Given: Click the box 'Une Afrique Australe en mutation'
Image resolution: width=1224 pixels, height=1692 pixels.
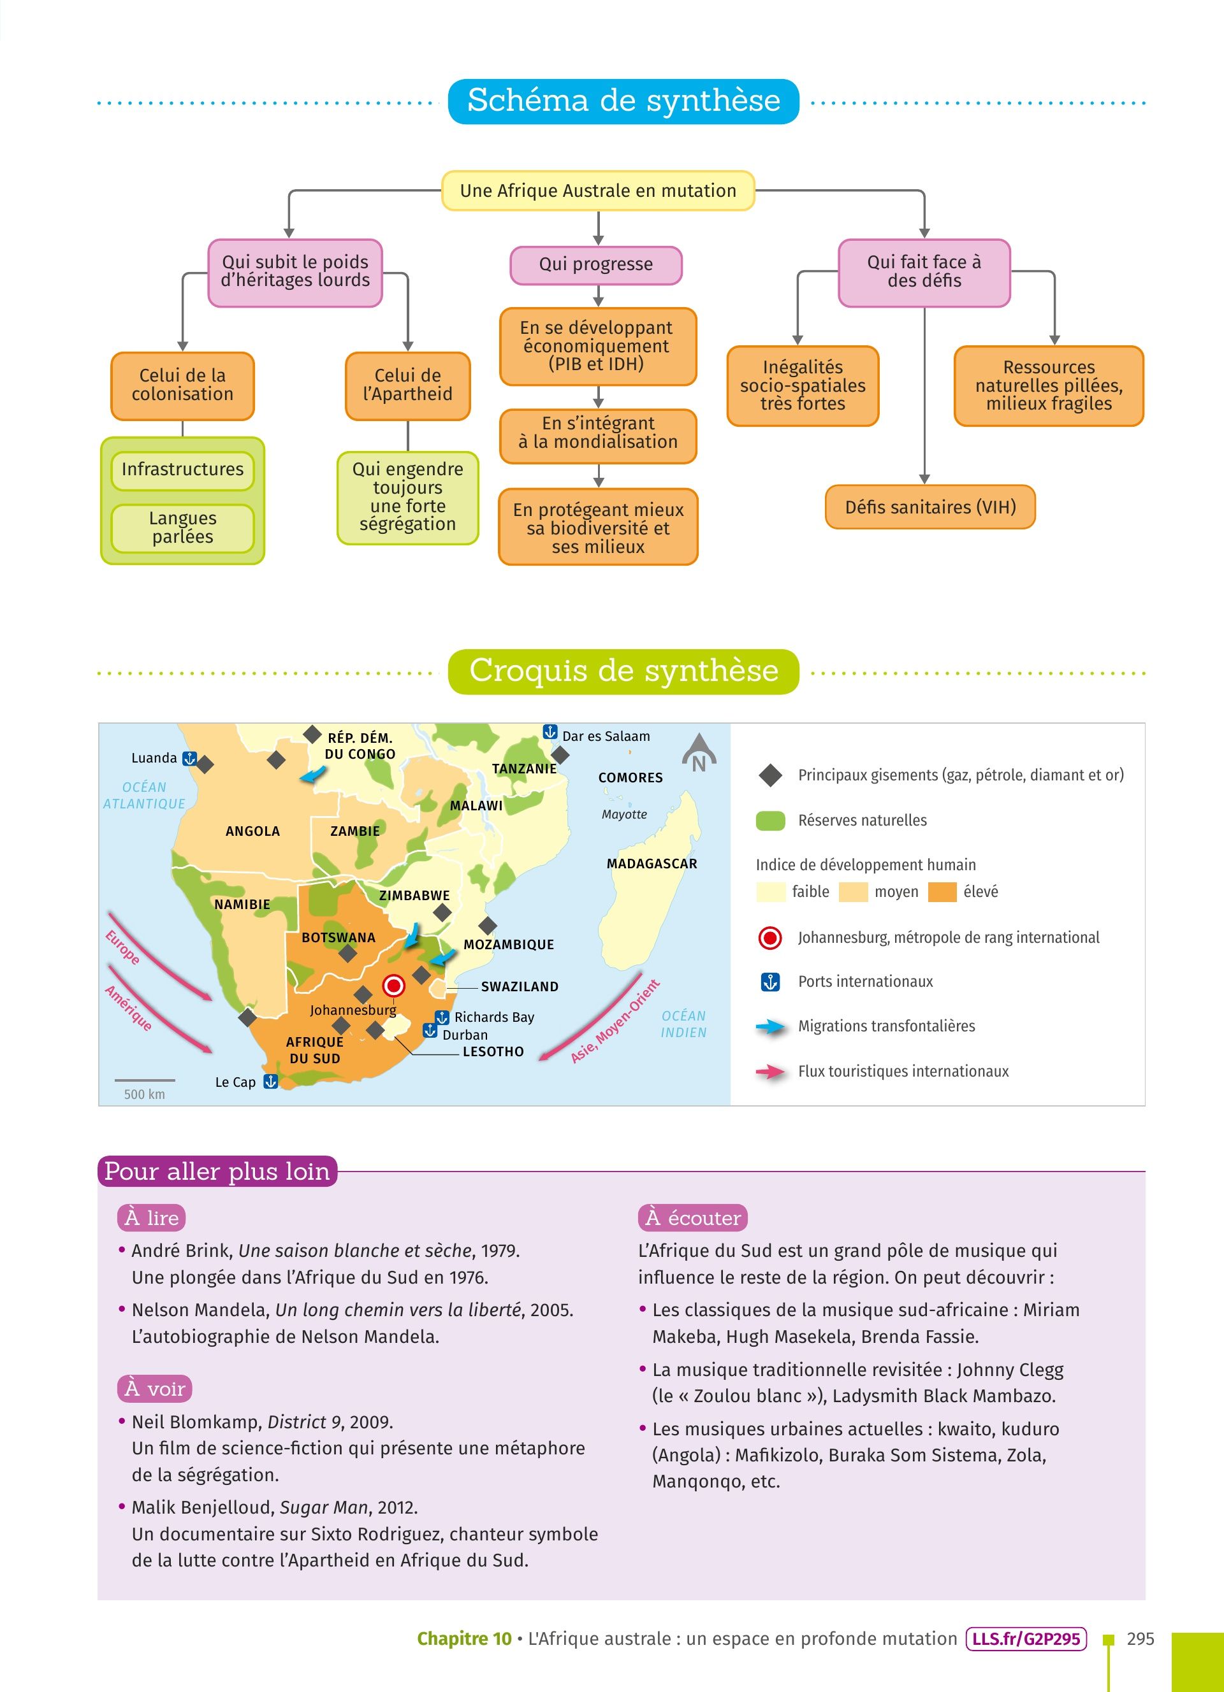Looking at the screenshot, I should (x=598, y=190).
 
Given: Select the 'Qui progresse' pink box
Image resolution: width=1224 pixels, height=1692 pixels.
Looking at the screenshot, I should (x=595, y=264).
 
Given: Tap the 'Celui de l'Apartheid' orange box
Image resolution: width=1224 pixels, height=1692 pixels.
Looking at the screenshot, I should (x=407, y=385).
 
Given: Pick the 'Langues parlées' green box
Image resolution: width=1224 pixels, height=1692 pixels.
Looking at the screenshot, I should (x=182, y=527).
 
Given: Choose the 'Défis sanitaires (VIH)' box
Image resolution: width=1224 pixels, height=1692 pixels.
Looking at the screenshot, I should (x=930, y=507).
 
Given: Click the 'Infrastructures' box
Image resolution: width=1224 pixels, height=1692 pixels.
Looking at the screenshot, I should (x=182, y=470).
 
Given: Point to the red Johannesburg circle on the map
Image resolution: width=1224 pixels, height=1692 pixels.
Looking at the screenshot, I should (x=393, y=986).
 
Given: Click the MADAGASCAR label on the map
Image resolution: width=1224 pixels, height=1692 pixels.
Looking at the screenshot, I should (x=652, y=864).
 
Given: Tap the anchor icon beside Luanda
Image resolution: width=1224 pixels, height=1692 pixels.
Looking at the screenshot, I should (x=189, y=759).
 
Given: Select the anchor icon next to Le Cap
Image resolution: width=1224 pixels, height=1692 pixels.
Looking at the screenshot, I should (x=271, y=1081).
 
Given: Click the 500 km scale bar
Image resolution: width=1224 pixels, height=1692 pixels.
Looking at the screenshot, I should (x=145, y=1080).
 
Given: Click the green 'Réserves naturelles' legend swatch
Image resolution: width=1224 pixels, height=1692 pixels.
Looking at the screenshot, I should (x=770, y=821).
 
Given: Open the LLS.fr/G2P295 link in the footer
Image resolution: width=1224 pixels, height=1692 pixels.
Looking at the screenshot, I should (x=1026, y=1639).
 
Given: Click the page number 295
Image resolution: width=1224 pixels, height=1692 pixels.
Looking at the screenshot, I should (x=1140, y=1639).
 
